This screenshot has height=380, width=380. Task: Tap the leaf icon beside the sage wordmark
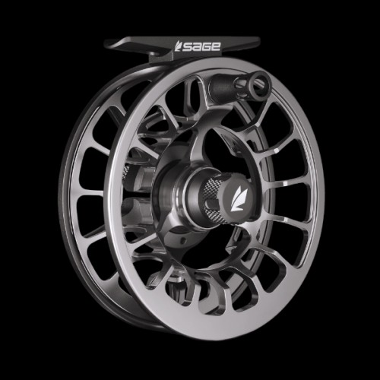179,46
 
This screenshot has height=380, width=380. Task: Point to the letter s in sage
187,47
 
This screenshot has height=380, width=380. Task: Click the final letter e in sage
216,46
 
